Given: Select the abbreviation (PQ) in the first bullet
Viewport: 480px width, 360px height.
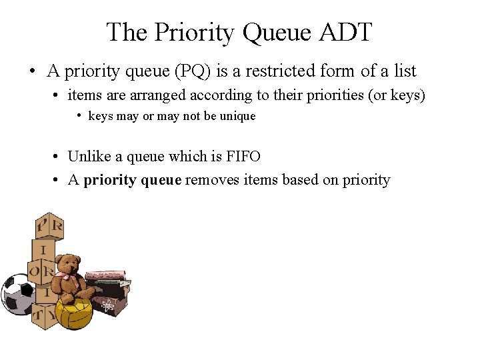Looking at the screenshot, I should click(x=194, y=71).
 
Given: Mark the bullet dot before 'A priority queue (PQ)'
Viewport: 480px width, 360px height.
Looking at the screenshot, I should click(x=31, y=71).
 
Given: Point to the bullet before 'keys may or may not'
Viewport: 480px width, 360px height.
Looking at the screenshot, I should click(x=79, y=116).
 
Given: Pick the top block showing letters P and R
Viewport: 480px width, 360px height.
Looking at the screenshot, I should click(x=49, y=227).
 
